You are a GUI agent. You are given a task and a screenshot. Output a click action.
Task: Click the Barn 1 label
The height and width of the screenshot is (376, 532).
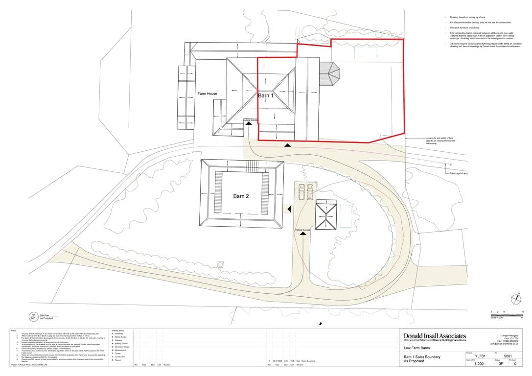coord(266,96)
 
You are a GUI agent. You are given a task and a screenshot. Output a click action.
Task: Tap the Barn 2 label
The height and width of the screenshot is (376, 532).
coord(241,196)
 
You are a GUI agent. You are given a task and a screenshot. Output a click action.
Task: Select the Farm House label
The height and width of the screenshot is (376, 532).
coord(207,94)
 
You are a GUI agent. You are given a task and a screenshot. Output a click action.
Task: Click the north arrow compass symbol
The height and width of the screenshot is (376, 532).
coord(516,298)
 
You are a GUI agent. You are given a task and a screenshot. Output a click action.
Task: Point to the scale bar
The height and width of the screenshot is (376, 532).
coord(507,314)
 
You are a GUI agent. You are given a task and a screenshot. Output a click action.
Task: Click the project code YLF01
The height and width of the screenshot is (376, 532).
coord(480,356)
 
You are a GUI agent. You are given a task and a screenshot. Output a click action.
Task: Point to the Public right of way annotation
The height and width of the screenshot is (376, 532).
coord(458,174)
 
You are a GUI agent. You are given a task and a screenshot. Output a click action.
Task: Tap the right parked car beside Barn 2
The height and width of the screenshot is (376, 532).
coord(310,191)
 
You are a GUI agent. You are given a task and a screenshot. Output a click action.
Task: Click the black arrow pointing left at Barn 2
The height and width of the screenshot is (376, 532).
coord(289,209)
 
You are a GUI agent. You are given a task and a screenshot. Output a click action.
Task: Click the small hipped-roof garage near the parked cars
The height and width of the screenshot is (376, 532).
coord(325,216)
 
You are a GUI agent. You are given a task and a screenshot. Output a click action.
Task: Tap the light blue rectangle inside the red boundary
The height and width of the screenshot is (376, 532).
coord(365,52)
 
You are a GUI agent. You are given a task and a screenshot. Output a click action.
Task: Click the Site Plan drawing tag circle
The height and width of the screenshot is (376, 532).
coord(34,316)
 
